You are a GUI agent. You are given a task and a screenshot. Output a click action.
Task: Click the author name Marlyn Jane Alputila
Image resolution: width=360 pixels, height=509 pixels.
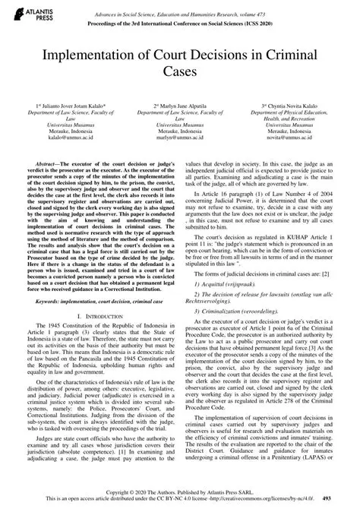[x=180, y=106]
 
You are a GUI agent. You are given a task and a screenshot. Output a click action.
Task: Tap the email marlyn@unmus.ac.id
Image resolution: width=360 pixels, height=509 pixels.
[x=180, y=140]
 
